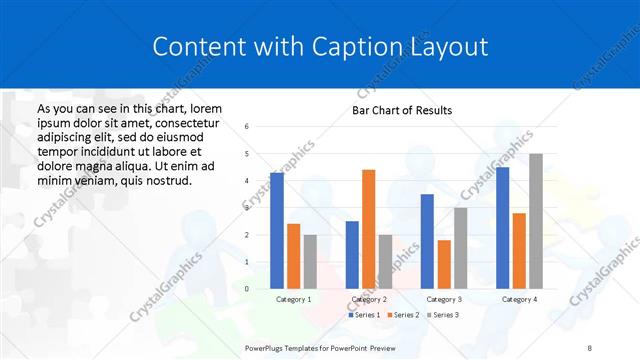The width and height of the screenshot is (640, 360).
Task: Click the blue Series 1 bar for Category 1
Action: pyautogui.click(x=277, y=231)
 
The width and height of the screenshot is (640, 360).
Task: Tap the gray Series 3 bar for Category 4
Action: pyautogui.click(x=536, y=221)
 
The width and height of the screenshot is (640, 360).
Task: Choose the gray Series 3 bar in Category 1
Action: pyautogui.click(x=309, y=261)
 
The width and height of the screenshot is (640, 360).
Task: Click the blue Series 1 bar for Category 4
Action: pyautogui.click(x=502, y=228)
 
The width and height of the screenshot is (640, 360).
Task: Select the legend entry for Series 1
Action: pyautogui.click(x=366, y=315)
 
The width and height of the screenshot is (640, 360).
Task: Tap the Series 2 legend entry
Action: pyautogui.click(x=403, y=315)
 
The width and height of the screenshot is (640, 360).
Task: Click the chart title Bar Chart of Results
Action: pyautogui.click(x=402, y=110)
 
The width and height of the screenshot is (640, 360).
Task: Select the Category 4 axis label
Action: pyautogui.click(x=519, y=299)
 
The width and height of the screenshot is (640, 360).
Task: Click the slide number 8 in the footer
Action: pyautogui.click(x=590, y=347)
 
